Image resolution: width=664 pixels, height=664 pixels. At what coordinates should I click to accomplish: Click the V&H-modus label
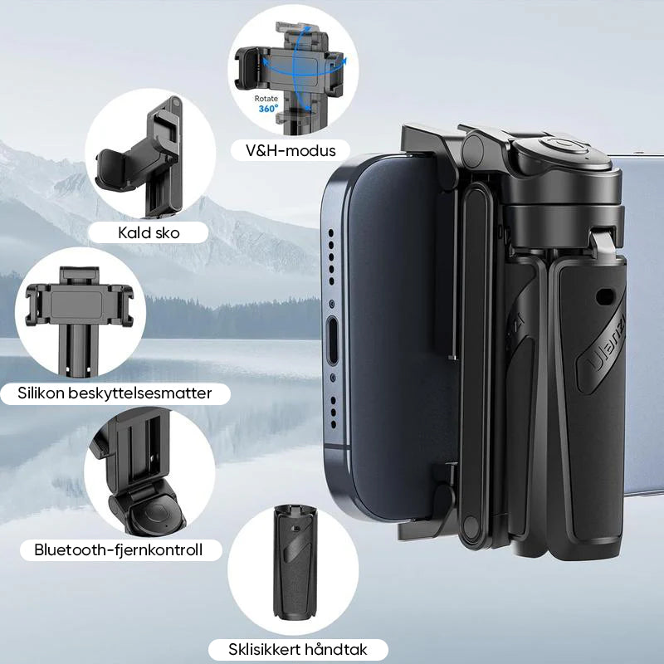[x=290, y=151]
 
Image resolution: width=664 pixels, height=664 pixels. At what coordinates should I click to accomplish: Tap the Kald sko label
[x=149, y=233]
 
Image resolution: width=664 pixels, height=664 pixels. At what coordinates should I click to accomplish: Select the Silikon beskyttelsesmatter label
[x=115, y=393]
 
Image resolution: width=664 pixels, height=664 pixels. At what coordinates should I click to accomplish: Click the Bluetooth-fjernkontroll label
[x=118, y=549]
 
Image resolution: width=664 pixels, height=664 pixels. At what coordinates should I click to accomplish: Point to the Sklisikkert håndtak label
[x=298, y=649]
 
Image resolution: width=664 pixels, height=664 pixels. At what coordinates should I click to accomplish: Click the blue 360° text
[x=268, y=109]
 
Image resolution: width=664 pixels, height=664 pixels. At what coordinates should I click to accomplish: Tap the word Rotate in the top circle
[x=266, y=98]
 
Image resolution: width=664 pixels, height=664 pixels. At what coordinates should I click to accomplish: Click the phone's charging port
[x=333, y=340]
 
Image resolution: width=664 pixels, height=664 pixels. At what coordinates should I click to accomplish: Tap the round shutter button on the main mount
[x=564, y=148]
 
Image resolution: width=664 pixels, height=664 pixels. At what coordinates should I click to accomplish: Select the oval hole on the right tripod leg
[x=605, y=296]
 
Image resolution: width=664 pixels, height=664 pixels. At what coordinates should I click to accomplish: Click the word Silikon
[x=41, y=393]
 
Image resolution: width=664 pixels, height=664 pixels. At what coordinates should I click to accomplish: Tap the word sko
[x=168, y=233]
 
